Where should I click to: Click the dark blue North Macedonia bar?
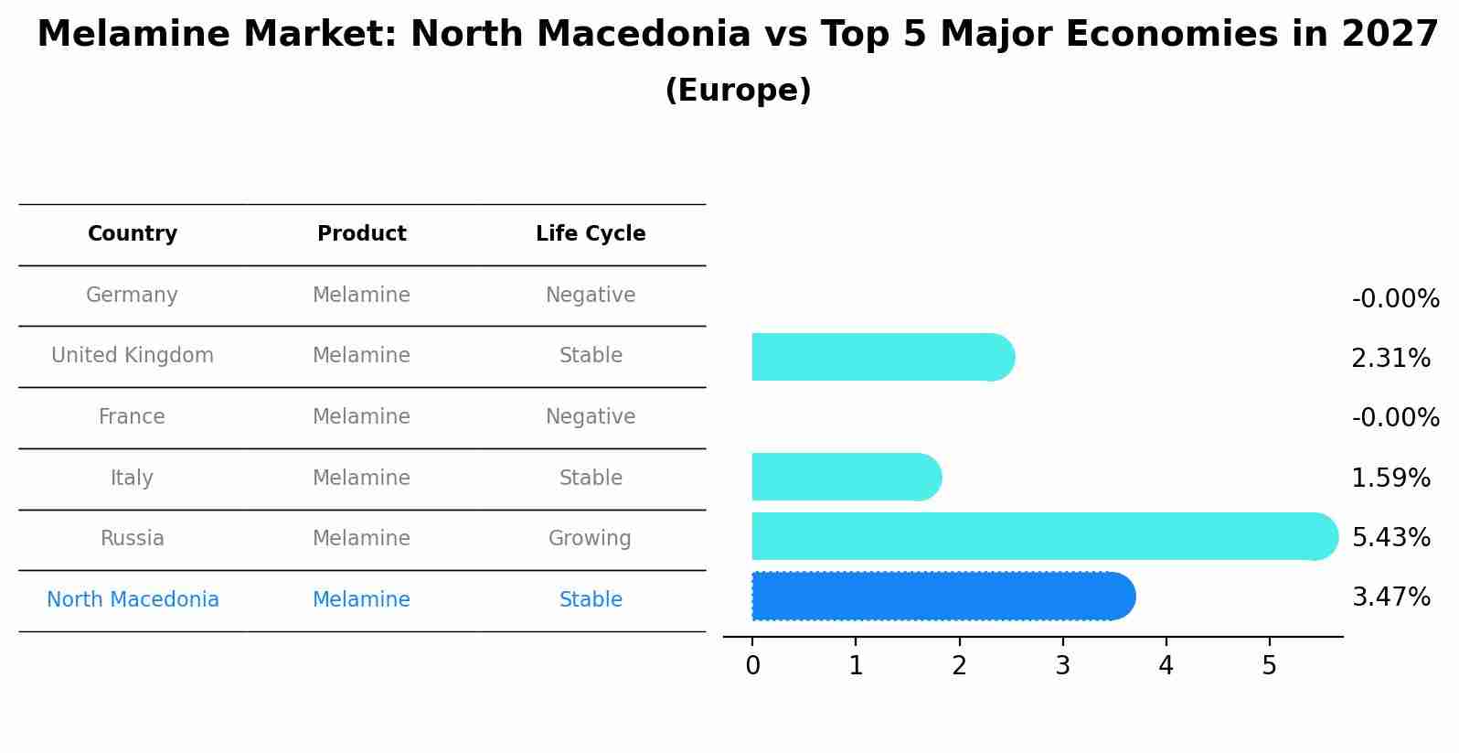click(x=942, y=597)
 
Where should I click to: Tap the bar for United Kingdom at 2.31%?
click(x=882, y=357)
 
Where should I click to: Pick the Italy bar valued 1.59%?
click(x=846, y=477)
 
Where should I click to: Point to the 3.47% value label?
click(x=1390, y=597)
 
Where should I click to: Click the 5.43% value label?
click(x=1390, y=537)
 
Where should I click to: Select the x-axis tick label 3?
click(x=1062, y=666)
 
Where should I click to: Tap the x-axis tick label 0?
click(x=752, y=666)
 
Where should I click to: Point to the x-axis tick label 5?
click(x=1269, y=666)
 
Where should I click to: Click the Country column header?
click(x=133, y=234)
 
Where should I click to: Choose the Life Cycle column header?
click(x=591, y=234)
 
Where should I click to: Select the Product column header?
click(x=361, y=234)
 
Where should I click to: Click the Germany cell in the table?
click(x=132, y=296)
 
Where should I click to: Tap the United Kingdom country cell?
click(x=133, y=356)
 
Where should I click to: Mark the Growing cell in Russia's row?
click(x=590, y=539)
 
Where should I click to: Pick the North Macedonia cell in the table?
click(x=133, y=600)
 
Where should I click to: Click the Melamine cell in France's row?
click(x=361, y=417)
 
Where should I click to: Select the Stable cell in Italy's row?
click(x=591, y=479)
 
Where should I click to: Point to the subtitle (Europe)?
click(x=738, y=91)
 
